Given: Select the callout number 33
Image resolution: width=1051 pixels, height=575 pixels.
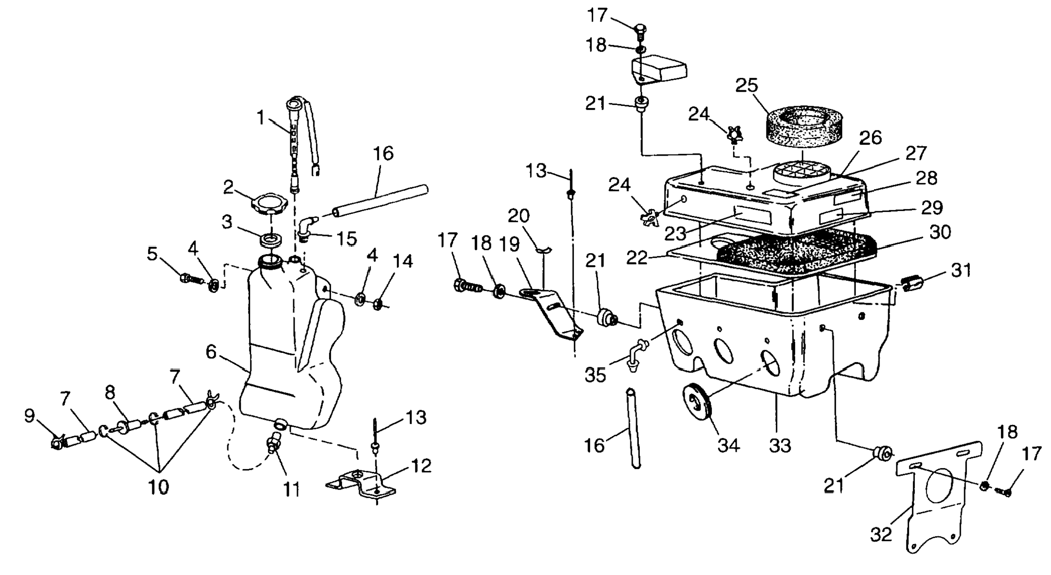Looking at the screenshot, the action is pos(780,446).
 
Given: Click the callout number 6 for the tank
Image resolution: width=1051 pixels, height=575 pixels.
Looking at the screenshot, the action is pos(211,352).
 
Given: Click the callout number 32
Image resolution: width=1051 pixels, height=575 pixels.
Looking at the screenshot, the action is pos(881,534).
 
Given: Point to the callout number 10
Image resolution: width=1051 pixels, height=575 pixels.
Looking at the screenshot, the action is pos(159,487).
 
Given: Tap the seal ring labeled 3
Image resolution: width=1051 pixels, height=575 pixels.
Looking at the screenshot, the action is pos(271,239).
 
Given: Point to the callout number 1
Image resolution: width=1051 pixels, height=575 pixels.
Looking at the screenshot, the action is pos(260,117).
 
